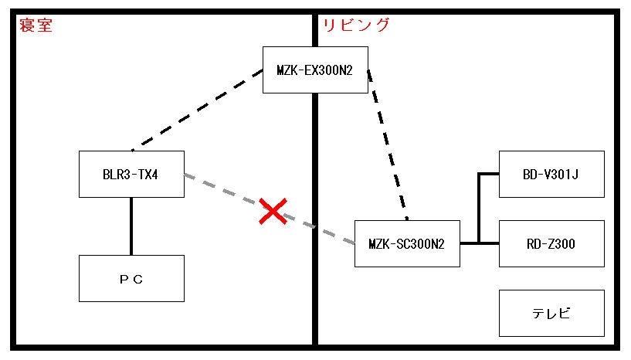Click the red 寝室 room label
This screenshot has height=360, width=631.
[x=35, y=25]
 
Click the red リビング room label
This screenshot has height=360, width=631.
[x=356, y=25]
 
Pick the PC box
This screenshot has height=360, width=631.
[x=131, y=278]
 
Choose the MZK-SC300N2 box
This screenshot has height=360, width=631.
[x=406, y=244]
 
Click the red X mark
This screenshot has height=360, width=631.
[x=273, y=211]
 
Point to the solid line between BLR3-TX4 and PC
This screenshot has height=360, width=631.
[x=131, y=226]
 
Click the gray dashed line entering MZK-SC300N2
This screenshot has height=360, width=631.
[x=332, y=233]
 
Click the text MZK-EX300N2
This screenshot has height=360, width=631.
[x=315, y=70]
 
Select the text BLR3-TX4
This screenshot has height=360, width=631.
[x=131, y=175]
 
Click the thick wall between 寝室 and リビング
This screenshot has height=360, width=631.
[x=315, y=294]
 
